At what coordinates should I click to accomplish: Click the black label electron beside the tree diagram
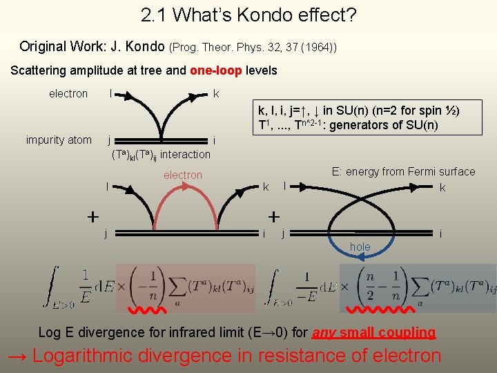click(68, 93)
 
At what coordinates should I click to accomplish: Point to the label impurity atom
click(59, 140)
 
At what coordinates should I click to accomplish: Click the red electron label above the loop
click(183, 175)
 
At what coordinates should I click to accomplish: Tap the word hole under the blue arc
click(360, 247)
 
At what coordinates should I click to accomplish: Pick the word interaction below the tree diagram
click(185, 154)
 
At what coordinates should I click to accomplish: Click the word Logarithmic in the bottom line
click(91, 356)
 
